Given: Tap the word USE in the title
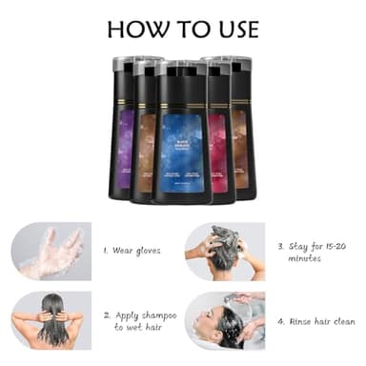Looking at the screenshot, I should pyautogui.click(x=234, y=29).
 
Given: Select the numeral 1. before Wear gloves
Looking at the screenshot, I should pyautogui.click(x=107, y=252).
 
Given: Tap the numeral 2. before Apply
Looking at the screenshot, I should pyautogui.click(x=107, y=314).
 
